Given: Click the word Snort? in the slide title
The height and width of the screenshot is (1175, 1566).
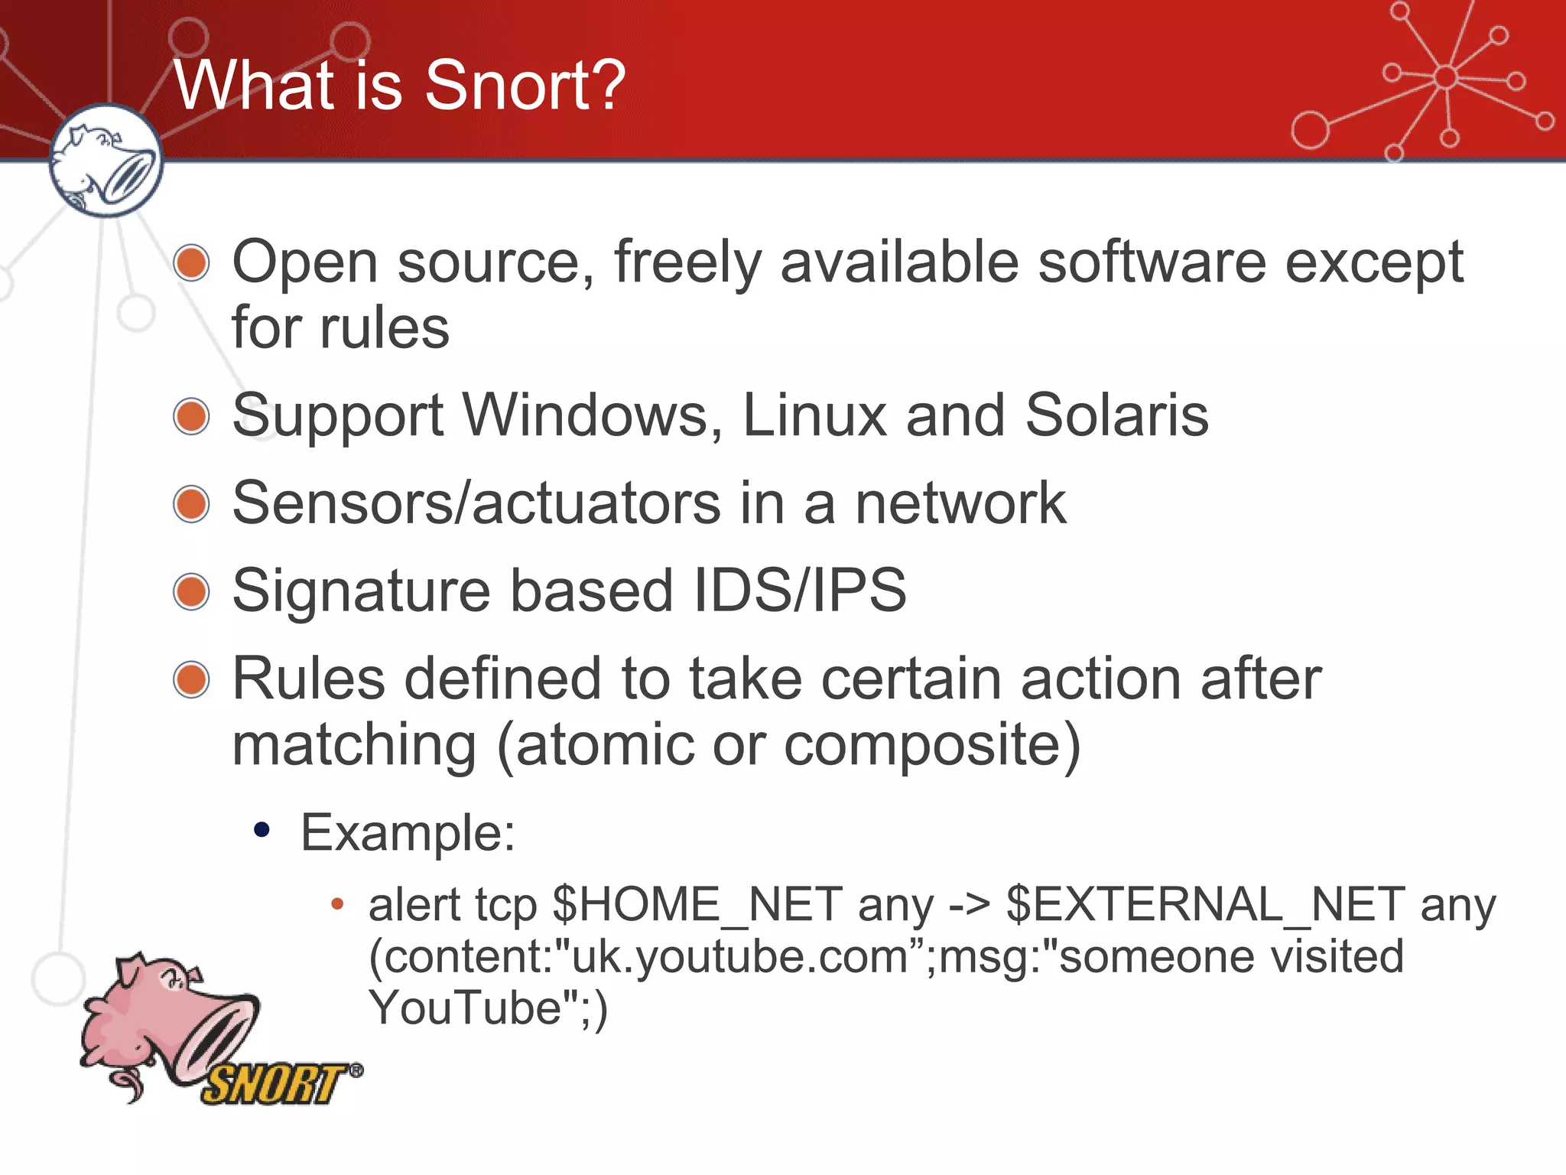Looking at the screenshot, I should pos(525,86).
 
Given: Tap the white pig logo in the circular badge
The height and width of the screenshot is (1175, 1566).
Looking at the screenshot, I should pos(106,161).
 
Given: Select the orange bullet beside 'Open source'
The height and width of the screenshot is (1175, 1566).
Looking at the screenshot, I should pos(191,263).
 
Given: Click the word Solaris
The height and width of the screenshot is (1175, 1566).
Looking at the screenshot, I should pos(1116,415).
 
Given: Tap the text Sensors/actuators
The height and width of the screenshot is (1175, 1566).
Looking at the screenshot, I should pos(476,503).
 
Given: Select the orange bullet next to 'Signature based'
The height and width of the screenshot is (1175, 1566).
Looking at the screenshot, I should pos(191,592).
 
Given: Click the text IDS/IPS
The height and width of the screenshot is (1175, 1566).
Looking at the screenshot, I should pos(799,591).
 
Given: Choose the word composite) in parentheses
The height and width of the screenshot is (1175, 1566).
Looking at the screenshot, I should pos(932,745).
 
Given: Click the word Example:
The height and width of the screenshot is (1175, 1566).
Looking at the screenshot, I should pos(408,832).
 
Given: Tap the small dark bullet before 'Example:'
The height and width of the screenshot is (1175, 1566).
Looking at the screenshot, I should pos(262,830).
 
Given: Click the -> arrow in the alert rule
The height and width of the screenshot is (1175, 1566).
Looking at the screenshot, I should pos(969,906).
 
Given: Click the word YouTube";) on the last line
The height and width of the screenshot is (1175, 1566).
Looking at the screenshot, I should pos(488,1008).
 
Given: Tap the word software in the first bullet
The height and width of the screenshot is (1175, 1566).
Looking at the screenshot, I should pos(1152,262).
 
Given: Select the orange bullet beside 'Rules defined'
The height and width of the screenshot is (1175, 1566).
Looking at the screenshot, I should pos(191,679).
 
